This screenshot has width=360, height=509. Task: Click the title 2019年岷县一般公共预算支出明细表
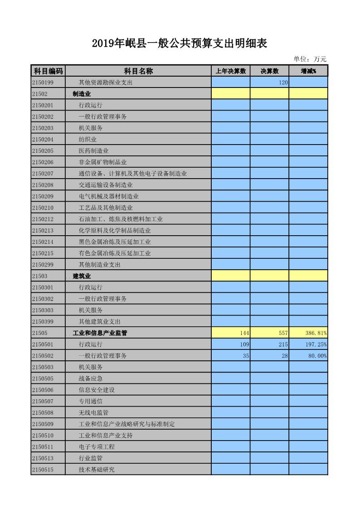180,44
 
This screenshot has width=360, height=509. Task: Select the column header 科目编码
48,71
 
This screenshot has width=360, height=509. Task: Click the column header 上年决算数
230,71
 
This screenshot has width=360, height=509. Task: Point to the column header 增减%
308,71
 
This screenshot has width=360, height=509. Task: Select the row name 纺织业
88,140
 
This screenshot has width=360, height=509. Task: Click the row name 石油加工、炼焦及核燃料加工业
121,219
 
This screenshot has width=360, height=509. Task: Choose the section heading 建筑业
82,276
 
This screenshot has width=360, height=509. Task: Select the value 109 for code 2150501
244,344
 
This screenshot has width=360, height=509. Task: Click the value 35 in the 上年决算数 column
246,356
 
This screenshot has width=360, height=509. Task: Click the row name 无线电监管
93,413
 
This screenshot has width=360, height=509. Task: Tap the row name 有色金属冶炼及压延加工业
115,253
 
